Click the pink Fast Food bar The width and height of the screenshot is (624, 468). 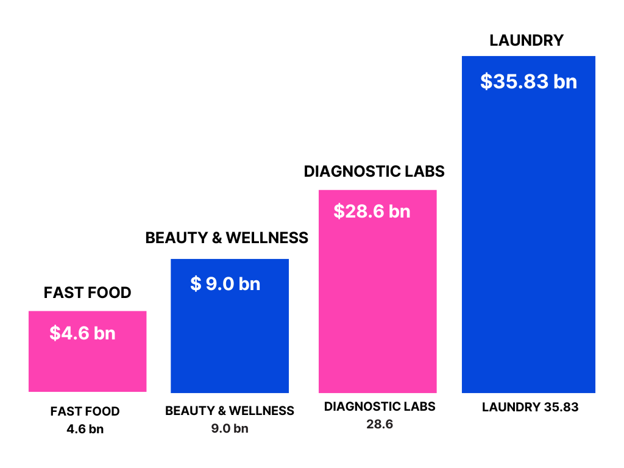[87, 366]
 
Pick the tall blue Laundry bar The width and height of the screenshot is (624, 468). [528, 244]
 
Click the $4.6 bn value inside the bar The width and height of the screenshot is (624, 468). [82, 333]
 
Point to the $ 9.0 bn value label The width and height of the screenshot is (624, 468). [225, 284]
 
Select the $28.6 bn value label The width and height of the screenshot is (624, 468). [372, 211]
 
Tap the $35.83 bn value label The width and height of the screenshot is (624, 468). [528, 82]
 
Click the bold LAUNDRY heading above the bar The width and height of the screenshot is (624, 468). [526, 41]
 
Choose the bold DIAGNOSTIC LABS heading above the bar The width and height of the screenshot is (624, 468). [374, 172]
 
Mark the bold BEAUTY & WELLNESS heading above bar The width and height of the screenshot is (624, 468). [227, 238]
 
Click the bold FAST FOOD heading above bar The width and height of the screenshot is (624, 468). [87, 293]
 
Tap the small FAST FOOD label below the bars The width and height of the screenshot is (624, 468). [85, 411]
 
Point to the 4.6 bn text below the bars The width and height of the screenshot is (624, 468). [85, 429]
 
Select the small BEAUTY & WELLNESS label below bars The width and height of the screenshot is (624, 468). [230, 411]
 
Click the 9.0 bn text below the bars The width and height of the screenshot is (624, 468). [230, 428]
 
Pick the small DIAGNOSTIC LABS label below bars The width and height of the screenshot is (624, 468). [380, 406]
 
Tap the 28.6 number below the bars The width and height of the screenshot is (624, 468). [380, 424]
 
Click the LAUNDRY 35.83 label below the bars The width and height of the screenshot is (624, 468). [530, 408]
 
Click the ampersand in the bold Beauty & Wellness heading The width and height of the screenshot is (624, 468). [216, 238]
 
